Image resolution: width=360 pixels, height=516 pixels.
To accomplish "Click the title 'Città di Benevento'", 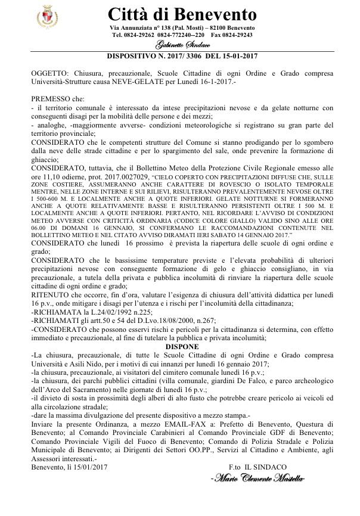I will (x=182, y=14).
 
